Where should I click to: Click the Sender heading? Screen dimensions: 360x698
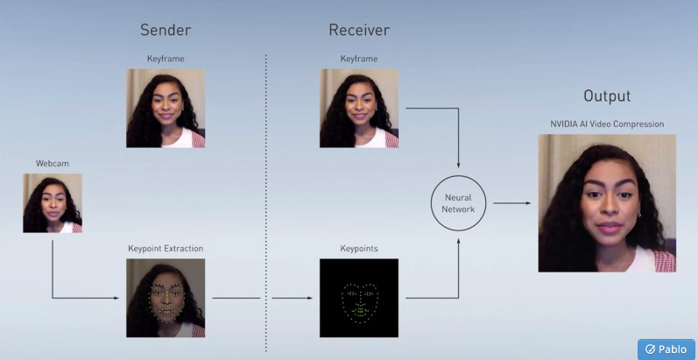(x=166, y=30)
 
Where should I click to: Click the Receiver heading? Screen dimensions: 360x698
(x=359, y=30)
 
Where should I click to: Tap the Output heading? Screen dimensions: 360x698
(x=607, y=96)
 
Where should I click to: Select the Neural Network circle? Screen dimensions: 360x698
(x=458, y=203)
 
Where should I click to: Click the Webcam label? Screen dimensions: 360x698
(x=52, y=163)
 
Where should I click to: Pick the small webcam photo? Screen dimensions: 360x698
(x=53, y=203)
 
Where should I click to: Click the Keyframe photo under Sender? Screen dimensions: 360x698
(x=166, y=109)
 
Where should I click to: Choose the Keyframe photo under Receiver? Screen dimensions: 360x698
(x=359, y=109)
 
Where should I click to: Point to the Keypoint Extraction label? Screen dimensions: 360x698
(x=166, y=249)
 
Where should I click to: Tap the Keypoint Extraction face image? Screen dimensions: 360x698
(x=166, y=298)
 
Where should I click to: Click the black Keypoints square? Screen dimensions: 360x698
(x=359, y=298)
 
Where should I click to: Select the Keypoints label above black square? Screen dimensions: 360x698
(x=359, y=249)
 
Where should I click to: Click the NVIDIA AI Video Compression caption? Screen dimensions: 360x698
(x=607, y=124)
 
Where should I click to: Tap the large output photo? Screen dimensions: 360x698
(x=607, y=203)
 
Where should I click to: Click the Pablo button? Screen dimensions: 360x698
(x=666, y=349)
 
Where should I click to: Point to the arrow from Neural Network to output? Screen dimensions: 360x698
(x=511, y=203)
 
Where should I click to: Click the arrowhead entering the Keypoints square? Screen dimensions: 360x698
(x=309, y=298)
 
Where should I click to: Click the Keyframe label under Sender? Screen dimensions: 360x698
(x=166, y=59)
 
